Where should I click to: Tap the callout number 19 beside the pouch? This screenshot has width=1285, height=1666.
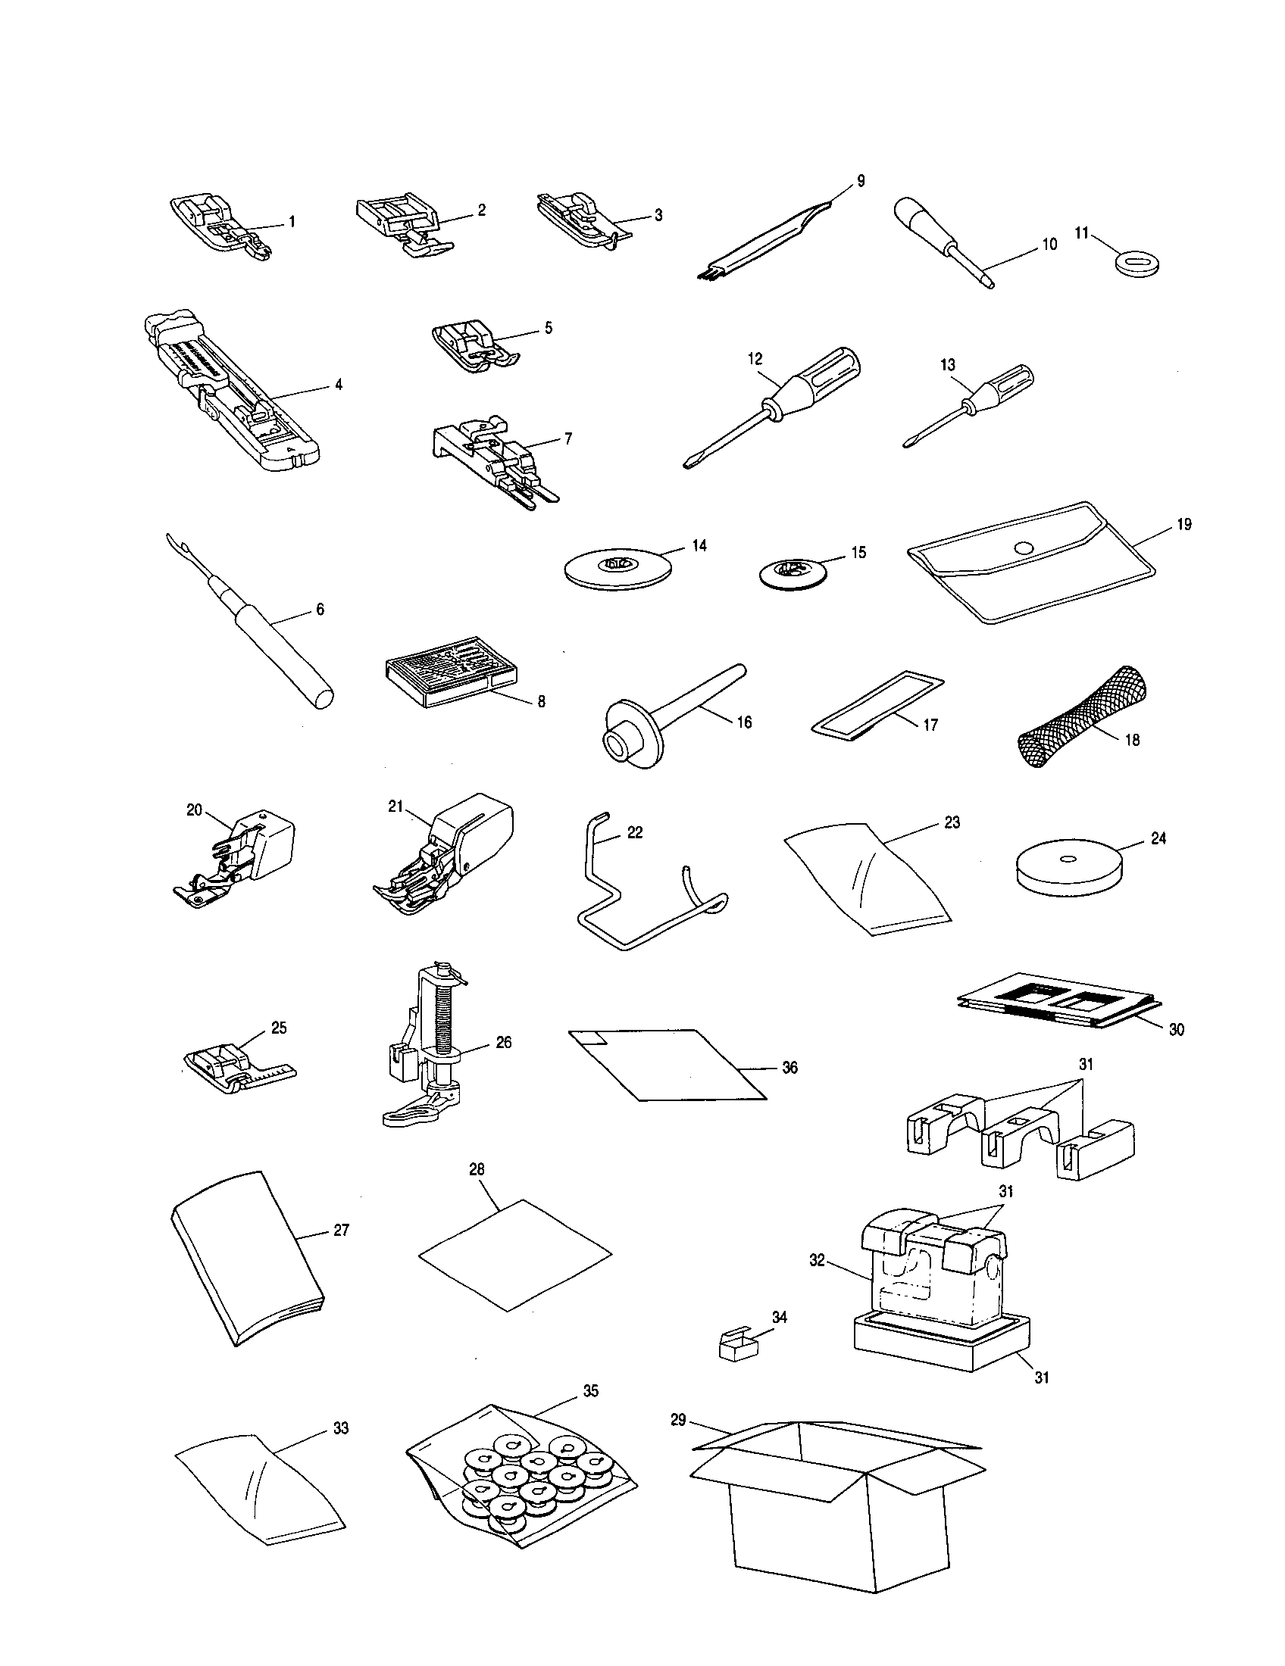[1184, 524]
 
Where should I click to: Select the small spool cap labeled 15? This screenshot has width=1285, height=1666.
[794, 571]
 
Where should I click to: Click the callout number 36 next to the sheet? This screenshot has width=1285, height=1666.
[789, 1067]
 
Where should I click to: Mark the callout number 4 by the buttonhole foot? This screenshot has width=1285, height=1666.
[338, 385]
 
